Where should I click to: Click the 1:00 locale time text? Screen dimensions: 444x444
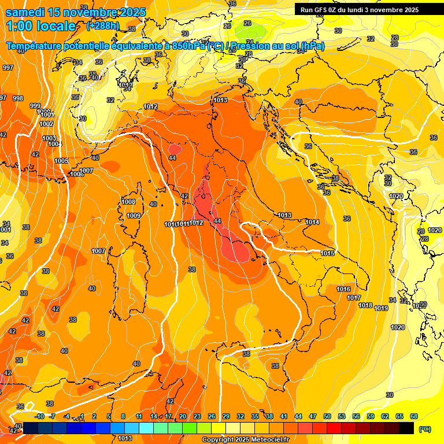41,26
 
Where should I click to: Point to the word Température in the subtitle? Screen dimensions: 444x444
41,46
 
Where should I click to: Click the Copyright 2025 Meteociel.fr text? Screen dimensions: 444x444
245,439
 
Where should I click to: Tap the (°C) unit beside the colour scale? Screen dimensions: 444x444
424,429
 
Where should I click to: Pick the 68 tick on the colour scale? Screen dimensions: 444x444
414,416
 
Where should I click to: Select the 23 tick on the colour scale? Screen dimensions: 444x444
197,416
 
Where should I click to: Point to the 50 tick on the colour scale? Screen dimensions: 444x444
327,416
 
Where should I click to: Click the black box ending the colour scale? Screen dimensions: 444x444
406,428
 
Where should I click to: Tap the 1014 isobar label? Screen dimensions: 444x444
312,223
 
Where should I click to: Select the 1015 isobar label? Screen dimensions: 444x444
328,253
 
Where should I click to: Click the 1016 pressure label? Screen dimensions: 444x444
343,289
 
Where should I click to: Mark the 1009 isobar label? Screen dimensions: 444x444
134,216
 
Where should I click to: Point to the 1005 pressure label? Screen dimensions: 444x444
61,161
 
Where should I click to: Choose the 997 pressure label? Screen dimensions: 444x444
8,68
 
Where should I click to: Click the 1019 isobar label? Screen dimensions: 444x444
381,308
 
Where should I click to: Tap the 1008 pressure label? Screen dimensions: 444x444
128,202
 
